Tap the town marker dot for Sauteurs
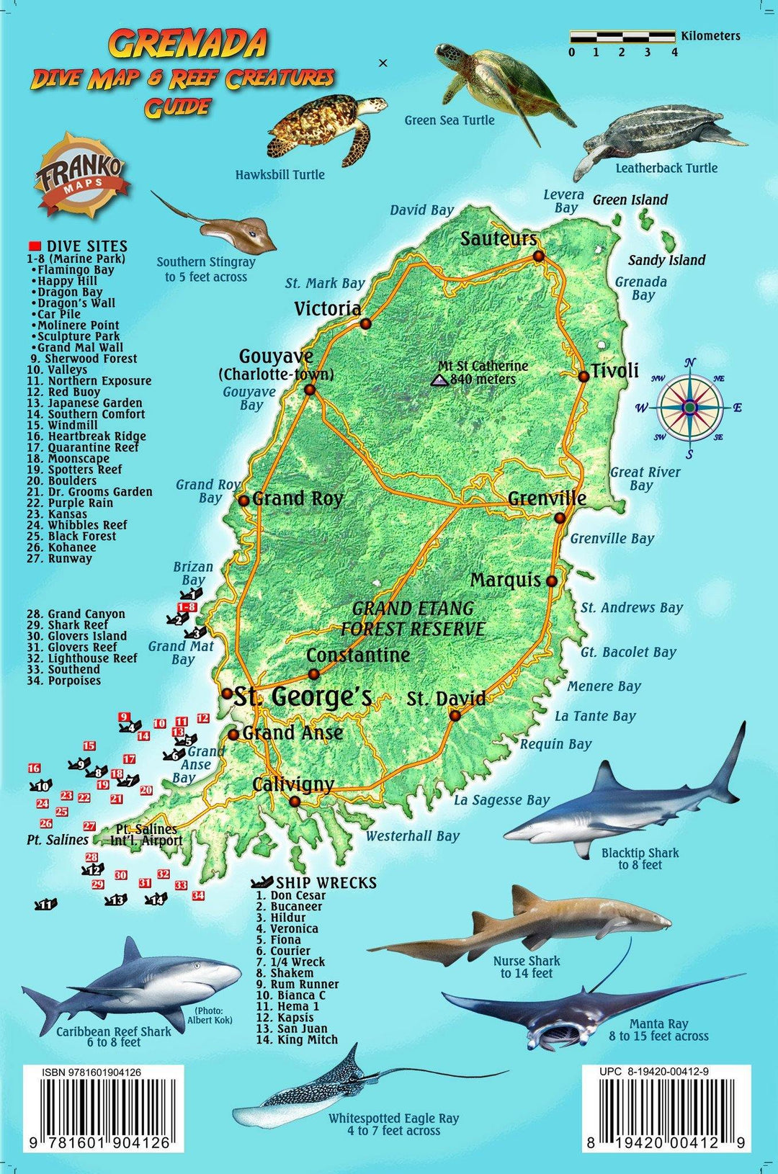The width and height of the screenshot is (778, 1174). pos(538,256)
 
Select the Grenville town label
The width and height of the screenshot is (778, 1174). pos(547,498)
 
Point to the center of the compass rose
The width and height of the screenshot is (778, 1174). pos(689,408)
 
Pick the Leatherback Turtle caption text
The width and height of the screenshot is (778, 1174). pos(666,168)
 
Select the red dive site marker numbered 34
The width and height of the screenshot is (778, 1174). pos(197,895)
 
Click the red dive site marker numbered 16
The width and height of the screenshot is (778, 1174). pos(34,769)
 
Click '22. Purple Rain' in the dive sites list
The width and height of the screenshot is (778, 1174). pos(80,503)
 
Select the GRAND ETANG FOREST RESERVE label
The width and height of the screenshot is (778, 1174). pos(413,619)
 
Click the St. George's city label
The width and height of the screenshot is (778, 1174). pos(303,697)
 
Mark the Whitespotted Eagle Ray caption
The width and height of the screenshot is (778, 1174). pos(393,1124)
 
